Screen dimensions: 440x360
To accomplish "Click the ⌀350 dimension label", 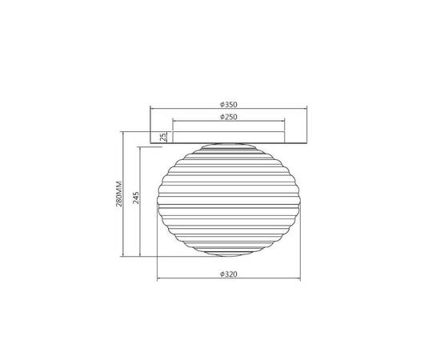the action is (x=229, y=105).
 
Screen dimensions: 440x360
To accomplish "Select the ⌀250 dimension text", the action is (x=229, y=117).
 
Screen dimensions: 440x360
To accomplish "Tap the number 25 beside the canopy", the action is (x=163, y=138).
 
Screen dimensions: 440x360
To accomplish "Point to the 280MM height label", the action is (x=119, y=194).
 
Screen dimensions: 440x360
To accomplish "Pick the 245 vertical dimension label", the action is (x=136, y=198).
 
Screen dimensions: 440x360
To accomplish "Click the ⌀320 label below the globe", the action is (x=229, y=274).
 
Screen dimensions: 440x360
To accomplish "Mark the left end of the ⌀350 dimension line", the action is (x=150, y=108).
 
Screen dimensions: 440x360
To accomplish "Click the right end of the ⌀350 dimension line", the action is (x=307, y=108).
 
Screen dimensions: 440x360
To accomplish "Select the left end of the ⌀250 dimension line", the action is (x=173, y=121).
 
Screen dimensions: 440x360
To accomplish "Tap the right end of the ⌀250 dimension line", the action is (x=285, y=121).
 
